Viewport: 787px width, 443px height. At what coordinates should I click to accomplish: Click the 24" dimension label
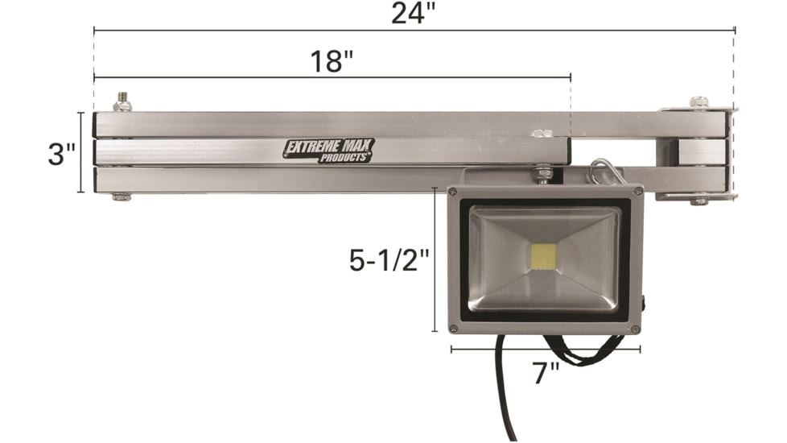coord(414,14)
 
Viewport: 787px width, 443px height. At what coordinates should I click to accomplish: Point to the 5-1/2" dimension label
coord(385,260)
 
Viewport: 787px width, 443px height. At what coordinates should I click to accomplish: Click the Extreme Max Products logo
coord(328,151)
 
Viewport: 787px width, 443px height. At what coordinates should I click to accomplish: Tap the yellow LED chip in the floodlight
coord(545,256)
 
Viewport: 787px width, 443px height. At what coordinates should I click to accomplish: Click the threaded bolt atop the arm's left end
coord(122,102)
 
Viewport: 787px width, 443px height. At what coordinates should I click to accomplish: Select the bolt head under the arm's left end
coord(122,197)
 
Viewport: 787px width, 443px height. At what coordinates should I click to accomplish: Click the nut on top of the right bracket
coord(698,103)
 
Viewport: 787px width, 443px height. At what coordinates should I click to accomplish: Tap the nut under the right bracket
coord(698,199)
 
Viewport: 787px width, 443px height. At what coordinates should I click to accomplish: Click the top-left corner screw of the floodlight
coord(453,192)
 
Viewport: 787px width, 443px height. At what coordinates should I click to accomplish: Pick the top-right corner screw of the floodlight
coord(637,192)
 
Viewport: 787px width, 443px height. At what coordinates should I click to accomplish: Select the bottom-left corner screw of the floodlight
coord(453,328)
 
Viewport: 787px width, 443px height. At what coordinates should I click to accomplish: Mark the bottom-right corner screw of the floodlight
coord(636,329)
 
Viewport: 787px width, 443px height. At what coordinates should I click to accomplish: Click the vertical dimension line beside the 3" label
coord(80,153)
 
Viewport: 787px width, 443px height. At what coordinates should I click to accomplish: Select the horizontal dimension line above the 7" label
coord(545,350)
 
